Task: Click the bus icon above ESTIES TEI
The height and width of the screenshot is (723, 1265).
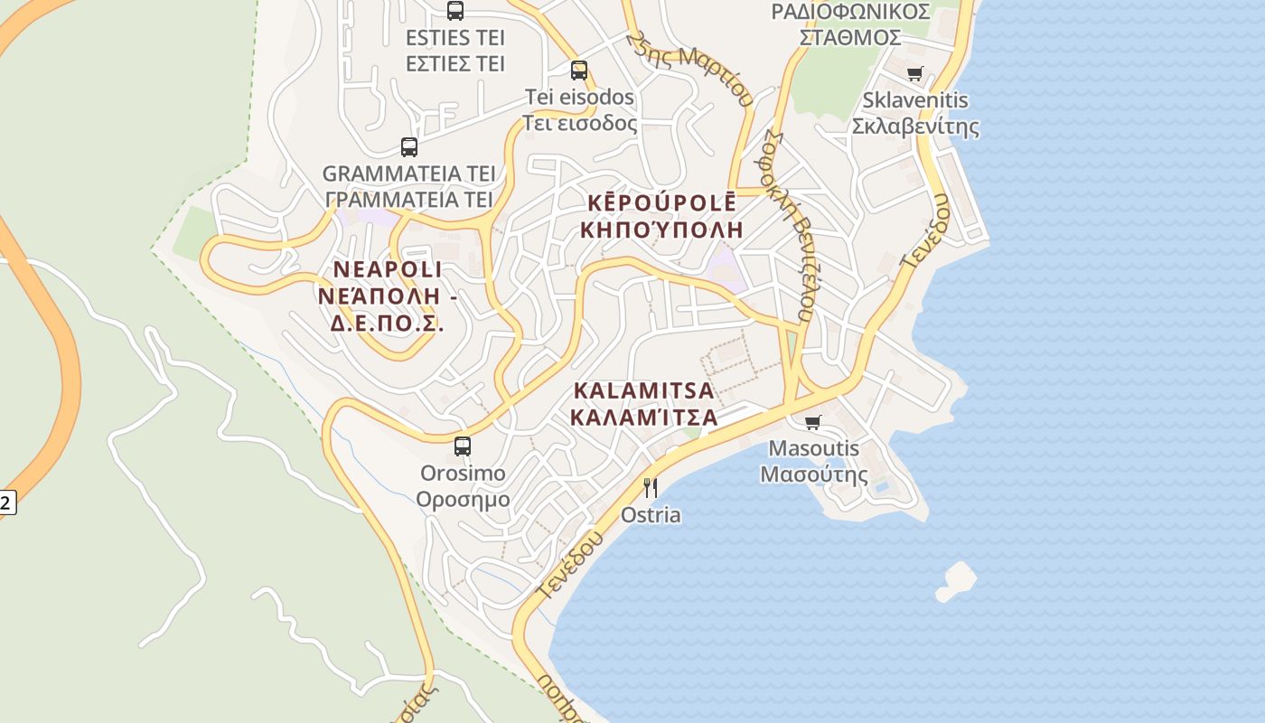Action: (455, 11)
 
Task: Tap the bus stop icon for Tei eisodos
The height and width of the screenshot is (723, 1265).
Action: (579, 70)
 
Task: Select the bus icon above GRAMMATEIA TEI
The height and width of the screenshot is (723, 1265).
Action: (409, 146)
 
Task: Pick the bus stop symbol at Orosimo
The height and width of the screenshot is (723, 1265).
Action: (463, 446)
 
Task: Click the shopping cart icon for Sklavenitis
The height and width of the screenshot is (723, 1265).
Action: (914, 74)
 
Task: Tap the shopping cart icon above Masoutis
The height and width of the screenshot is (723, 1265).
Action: (813, 422)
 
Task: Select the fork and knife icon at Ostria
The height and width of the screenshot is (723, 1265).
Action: (650, 488)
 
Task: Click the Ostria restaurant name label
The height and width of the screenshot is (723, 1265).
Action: (651, 515)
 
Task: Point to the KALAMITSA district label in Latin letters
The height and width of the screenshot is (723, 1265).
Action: (643, 391)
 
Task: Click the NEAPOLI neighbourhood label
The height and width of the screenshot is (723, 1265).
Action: (388, 269)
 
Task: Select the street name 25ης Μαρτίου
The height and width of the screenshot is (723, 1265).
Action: (691, 69)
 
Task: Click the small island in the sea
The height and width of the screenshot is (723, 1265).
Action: (956, 580)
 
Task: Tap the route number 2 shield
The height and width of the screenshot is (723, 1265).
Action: (5, 502)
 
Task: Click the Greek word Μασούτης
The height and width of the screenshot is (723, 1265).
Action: (813, 474)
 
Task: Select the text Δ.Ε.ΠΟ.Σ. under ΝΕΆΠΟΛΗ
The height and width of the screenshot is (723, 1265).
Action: (387, 323)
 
